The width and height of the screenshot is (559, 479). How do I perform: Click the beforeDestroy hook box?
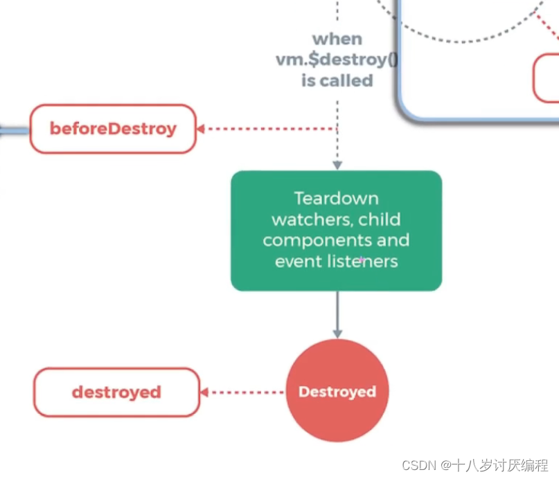pos(113,129)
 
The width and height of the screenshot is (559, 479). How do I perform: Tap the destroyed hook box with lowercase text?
pos(116,392)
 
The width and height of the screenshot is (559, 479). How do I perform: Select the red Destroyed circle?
pos(337,390)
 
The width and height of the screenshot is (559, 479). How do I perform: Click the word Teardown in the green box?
pos(336,199)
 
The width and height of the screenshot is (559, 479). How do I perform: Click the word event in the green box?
pos(299,262)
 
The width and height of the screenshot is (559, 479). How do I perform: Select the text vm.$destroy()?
pos(337,60)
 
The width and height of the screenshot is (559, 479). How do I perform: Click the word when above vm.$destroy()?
pos(337,39)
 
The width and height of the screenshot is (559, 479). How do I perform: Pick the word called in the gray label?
pos(346,80)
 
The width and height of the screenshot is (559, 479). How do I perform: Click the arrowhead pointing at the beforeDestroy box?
pos(201,129)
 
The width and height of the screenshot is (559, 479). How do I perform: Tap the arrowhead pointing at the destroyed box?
pos(204,392)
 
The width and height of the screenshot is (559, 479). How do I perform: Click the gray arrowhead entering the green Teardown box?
pos(337,165)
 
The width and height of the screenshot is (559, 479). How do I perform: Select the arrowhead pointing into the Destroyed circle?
pos(337,334)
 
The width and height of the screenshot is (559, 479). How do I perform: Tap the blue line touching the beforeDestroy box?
pos(15,131)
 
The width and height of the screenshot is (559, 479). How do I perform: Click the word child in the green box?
pos(380,219)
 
